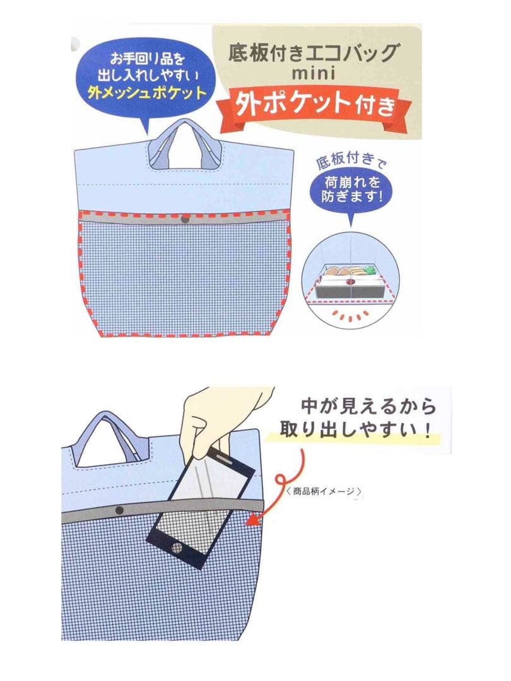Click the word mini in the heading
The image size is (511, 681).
(x=314, y=73)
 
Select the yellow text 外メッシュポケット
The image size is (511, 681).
(x=147, y=93)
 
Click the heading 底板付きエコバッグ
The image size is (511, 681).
(x=312, y=53)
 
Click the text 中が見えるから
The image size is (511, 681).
(x=368, y=407)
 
